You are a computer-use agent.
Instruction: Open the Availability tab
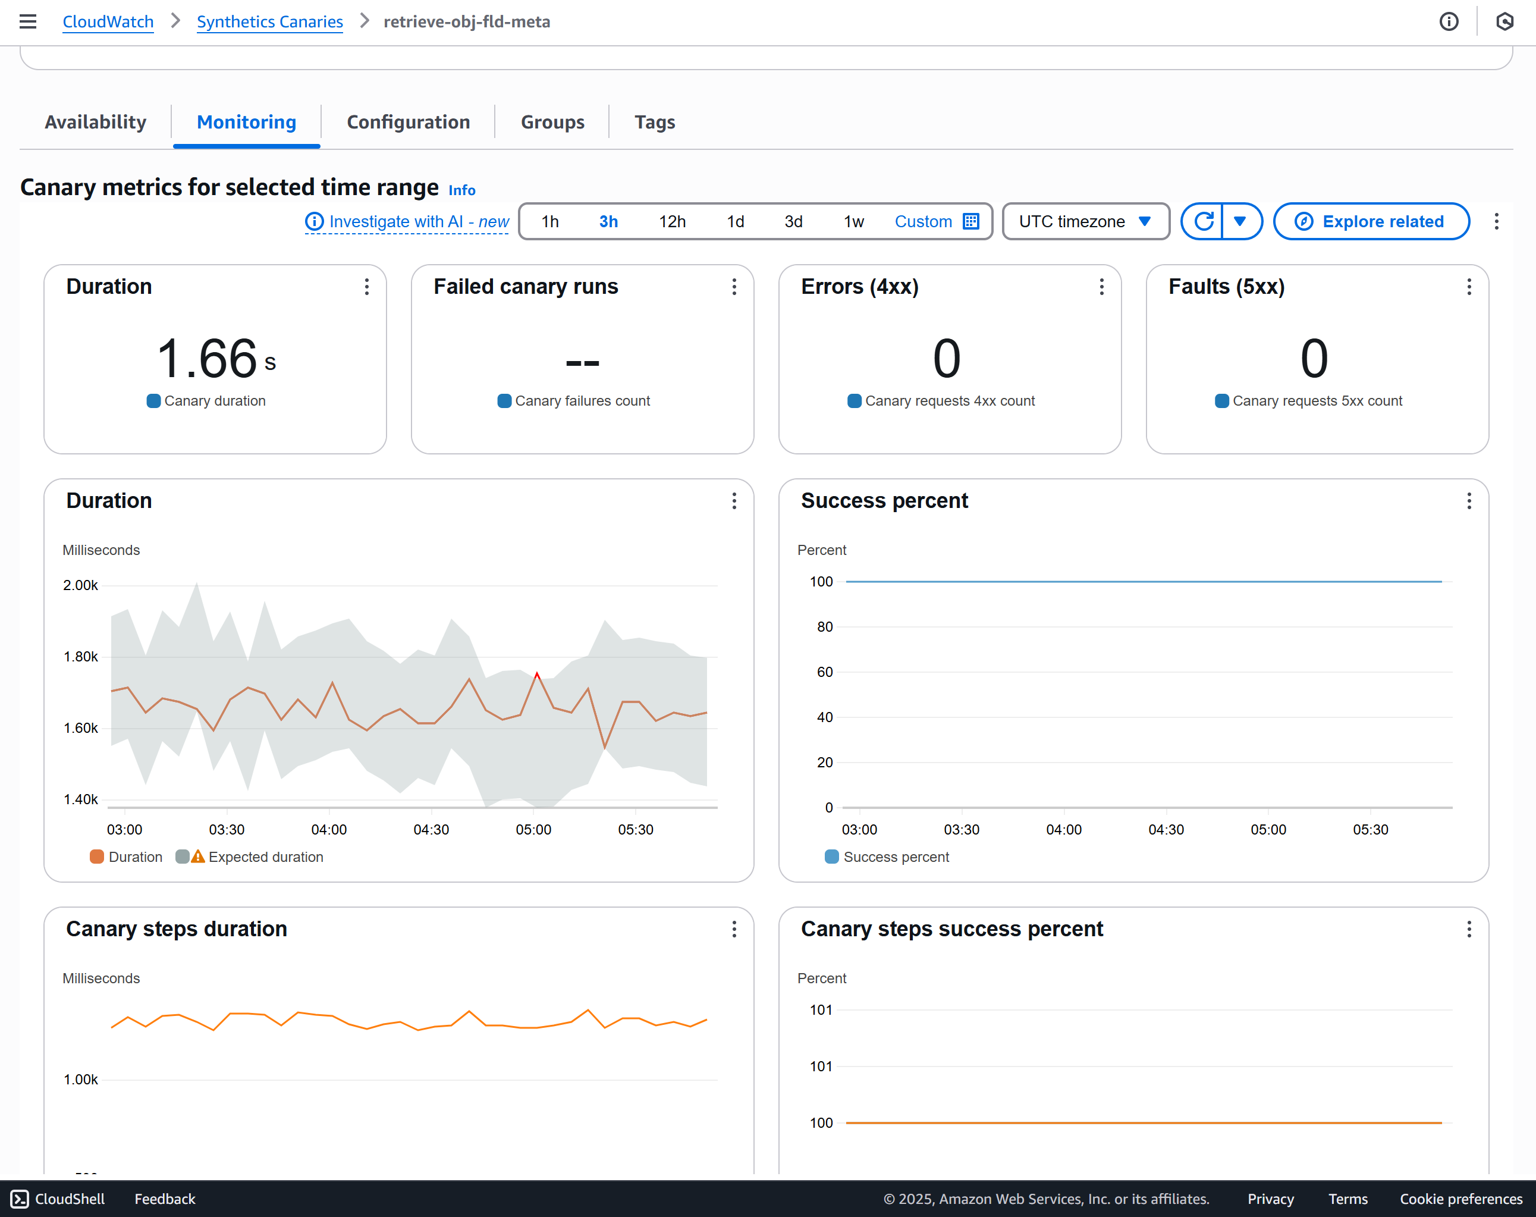96,122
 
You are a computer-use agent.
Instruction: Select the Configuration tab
408,122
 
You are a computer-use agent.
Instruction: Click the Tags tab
654,122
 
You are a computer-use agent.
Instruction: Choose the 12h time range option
672,222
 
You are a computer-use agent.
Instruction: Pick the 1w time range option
853,222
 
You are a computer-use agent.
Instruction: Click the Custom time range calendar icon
970,222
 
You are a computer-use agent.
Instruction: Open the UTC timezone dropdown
1085,222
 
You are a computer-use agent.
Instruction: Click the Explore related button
1371,222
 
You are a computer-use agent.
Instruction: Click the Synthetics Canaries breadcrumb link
269,21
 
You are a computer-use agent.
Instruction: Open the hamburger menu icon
28,21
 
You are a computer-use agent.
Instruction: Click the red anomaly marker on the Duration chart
537,674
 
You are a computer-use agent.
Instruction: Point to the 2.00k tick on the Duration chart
80,585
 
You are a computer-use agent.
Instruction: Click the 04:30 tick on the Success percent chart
1166,829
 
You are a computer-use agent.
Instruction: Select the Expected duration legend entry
265,857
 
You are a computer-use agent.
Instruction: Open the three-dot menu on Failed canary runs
734,287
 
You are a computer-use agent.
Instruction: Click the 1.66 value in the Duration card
206,359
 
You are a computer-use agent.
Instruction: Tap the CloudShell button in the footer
58,1199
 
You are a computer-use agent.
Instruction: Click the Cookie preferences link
1460,1199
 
